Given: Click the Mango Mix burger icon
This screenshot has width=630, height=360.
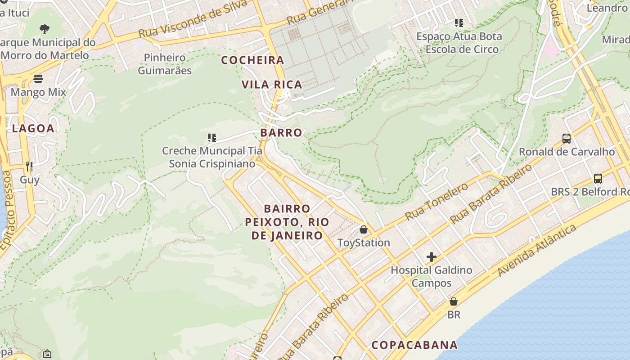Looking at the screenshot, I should (x=38, y=79).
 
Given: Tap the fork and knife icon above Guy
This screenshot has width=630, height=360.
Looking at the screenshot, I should (x=29, y=166).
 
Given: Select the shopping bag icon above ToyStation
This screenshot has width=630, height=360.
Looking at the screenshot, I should (x=364, y=229).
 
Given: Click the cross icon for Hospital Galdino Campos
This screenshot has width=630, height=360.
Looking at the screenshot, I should (x=431, y=257).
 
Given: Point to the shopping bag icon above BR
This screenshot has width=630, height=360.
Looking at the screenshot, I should (x=454, y=301).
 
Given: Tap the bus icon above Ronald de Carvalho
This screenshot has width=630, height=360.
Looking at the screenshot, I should (x=567, y=139).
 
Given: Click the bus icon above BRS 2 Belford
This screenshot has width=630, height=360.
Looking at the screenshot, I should (x=598, y=179).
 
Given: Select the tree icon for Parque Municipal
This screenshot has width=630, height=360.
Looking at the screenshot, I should (x=44, y=29).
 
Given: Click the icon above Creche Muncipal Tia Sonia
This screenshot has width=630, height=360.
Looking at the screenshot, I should (x=211, y=137).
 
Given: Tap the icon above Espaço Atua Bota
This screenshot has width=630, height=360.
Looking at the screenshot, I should (x=459, y=22).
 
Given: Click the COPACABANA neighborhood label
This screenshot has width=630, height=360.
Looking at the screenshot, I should (x=414, y=345).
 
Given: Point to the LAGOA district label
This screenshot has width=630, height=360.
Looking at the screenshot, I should (x=33, y=128).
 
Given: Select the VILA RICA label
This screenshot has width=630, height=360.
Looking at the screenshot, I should (x=272, y=85).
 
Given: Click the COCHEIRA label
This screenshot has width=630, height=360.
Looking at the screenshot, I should (x=253, y=60).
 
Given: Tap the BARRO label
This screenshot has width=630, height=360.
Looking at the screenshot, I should (x=281, y=133).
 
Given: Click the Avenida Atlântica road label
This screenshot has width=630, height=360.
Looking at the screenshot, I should (x=537, y=250).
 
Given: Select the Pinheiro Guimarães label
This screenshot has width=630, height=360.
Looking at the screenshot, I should (x=165, y=64).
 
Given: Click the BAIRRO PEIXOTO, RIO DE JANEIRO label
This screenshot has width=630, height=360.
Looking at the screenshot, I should (x=287, y=222).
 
